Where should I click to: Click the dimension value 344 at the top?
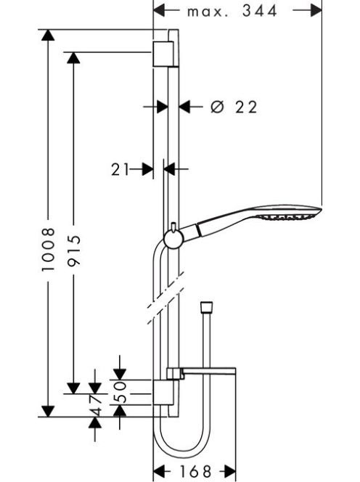[259, 11]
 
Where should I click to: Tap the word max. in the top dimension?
[208, 12]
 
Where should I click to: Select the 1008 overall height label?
[49, 250]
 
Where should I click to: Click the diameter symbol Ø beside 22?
[217, 107]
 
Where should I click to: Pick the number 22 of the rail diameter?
[245, 107]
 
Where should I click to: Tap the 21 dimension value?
[120, 169]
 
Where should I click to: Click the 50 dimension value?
[120, 392]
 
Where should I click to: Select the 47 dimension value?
[95, 406]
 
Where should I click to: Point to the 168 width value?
[195, 471]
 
